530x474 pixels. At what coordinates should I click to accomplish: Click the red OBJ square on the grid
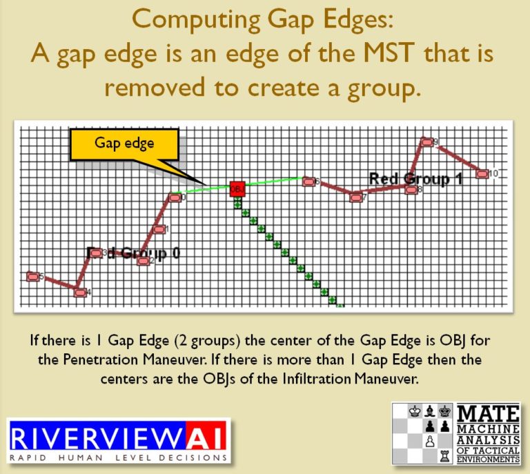tap(237, 188)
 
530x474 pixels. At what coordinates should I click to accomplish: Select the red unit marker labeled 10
tap(483, 174)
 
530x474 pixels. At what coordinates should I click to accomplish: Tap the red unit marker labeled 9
tap(427, 142)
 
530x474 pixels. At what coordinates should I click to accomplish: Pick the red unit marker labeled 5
tap(32, 277)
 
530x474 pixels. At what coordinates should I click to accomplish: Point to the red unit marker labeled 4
tap(80, 293)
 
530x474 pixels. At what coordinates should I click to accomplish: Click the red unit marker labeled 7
tap(356, 197)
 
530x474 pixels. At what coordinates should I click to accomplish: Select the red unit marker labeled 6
tap(308, 181)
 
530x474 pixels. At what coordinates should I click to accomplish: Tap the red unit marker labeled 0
tap(175, 198)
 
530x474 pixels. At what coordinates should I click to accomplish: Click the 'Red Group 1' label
tap(415, 179)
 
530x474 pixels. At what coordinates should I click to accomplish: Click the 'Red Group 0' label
tap(135, 252)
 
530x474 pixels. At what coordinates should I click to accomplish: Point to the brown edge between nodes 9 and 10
tap(455, 158)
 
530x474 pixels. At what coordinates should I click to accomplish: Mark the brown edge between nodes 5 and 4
tap(57, 285)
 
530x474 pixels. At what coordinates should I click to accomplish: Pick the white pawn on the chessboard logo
tap(429, 440)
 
